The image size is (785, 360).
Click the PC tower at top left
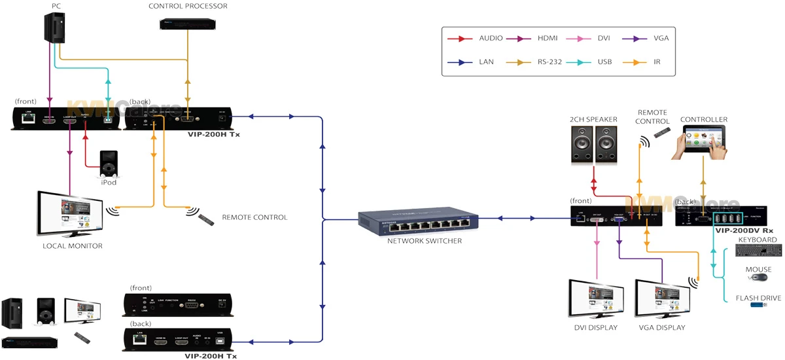tap(55, 29)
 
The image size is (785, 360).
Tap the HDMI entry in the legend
tap(549, 38)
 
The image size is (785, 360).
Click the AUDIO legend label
tap(491, 38)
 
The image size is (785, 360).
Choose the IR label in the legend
tap(656, 62)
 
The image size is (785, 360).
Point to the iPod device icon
tap(109, 163)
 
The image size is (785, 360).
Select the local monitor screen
tap(71, 215)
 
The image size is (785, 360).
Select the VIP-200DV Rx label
tap(745, 230)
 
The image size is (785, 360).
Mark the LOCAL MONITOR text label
tap(73, 246)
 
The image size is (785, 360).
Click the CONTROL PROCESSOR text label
tap(188, 6)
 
